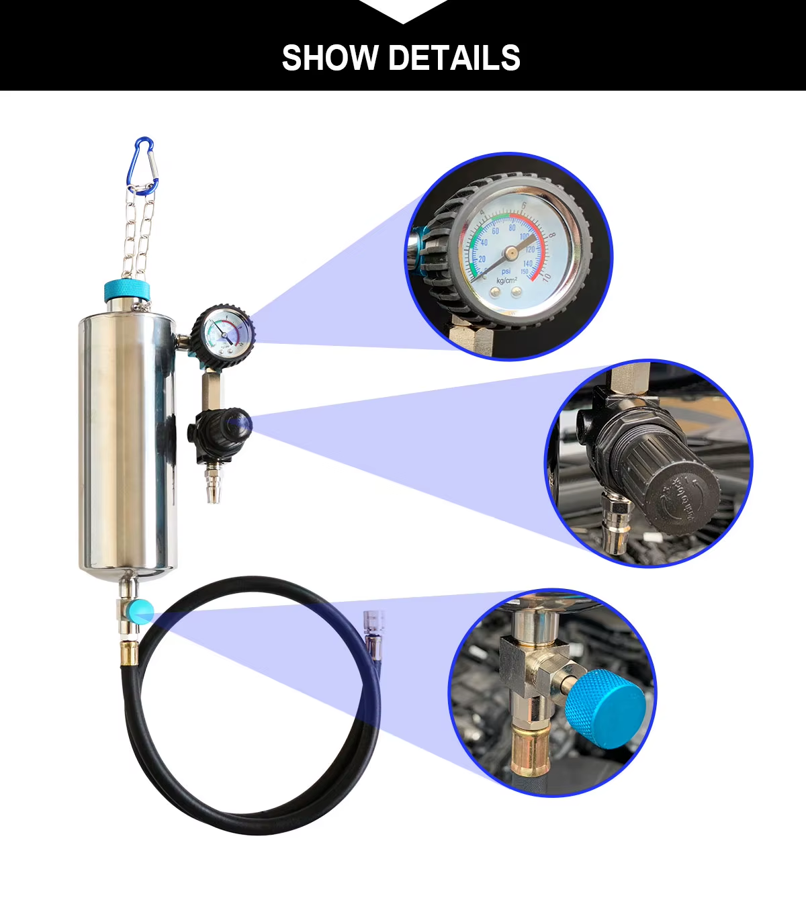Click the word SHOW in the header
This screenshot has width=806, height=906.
click(x=330, y=58)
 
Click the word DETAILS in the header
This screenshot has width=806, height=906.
click(x=454, y=58)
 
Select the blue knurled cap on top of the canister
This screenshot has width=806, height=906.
click(x=127, y=291)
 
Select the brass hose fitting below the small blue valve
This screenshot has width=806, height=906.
click(x=127, y=651)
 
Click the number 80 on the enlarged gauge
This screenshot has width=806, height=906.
click(x=512, y=228)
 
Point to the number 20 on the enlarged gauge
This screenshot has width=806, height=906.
click(x=481, y=259)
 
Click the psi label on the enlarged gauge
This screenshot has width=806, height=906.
click(x=506, y=271)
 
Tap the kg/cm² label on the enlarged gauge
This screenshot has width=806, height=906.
click(x=506, y=280)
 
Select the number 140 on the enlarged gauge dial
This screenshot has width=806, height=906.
click(x=527, y=264)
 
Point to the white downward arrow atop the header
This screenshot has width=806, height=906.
click(x=403, y=10)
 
